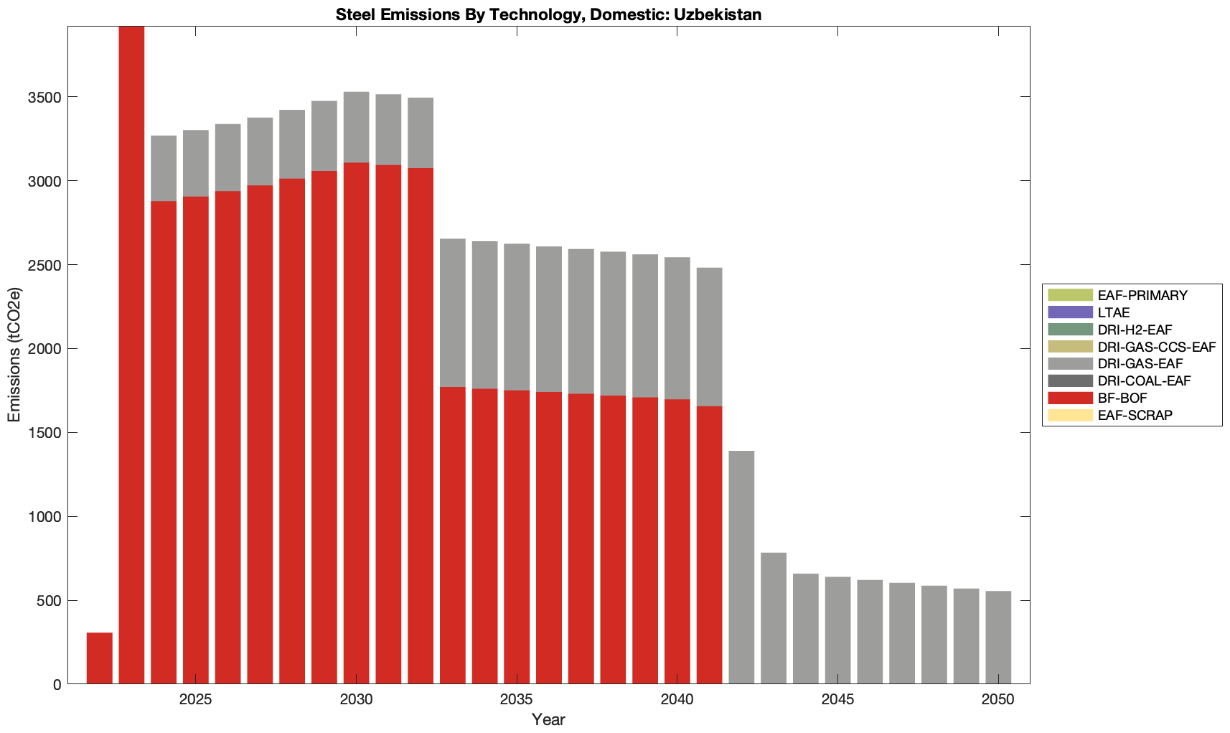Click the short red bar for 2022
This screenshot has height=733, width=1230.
[x=99, y=658]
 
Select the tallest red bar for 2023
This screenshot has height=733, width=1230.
[x=131, y=355]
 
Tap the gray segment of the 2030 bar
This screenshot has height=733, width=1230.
[x=356, y=127]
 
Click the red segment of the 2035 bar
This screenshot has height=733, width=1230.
[x=517, y=537]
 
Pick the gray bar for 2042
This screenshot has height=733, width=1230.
[x=741, y=567]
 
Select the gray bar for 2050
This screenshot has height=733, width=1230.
[x=998, y=638]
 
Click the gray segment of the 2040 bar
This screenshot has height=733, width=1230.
[x=677, y=328]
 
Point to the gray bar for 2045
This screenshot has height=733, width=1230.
[x=837, y=630]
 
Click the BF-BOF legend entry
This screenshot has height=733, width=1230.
[x=1122, y=398]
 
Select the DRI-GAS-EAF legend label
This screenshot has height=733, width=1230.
[x=1140, y=364]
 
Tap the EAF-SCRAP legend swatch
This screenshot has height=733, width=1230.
[x=1070, y=416]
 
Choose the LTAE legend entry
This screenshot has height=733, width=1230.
[x=1114, y=312]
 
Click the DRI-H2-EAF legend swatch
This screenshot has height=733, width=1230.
[x=1070, y=330]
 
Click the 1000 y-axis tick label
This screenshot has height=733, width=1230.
[x=48, y=517]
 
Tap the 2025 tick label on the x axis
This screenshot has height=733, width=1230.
[x=195, y=700]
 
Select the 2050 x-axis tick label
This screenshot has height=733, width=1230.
[x=998, y=700]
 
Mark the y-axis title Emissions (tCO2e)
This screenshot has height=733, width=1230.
[x=14, y=355]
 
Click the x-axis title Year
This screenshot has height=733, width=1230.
[x=548, y=719]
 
